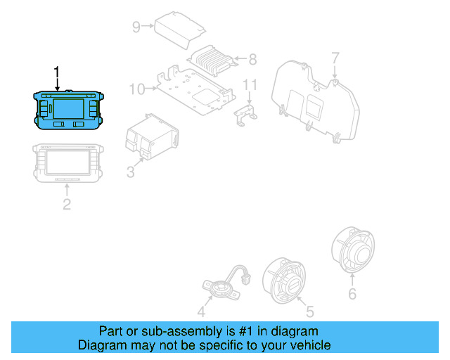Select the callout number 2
66,205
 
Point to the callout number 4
201,311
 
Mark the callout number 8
252,60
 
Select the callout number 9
136,27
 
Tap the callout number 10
136,89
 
